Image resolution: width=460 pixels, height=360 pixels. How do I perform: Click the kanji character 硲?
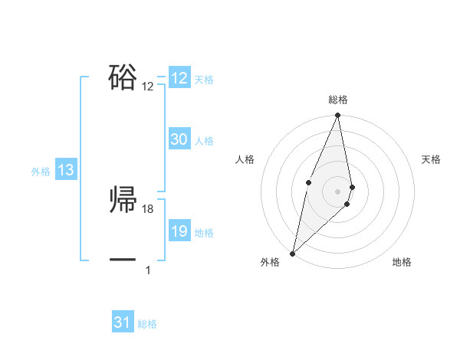[123, 77]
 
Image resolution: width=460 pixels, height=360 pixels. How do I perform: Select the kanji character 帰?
[123, 199]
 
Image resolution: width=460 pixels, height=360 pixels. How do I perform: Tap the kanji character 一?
[123, 260]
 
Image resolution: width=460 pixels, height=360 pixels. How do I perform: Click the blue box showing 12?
[179, 78]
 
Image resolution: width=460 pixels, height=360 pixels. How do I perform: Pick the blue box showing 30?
[179, 139]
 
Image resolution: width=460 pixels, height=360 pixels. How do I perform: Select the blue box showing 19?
[179, 231]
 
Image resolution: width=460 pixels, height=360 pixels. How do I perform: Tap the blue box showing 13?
[66, 170]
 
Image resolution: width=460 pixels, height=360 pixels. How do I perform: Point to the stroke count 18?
[148, 209]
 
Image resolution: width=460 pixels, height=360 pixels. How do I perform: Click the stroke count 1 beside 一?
[148, 270]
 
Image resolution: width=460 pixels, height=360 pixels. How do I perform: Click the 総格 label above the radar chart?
[338, 100]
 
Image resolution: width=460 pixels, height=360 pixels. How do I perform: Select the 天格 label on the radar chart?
[432, 159]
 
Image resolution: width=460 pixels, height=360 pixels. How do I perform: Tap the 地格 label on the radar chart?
[402, 262]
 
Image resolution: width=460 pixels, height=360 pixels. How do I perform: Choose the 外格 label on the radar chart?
[270, 262]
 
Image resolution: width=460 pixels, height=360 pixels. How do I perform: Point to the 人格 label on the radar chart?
[245, 159]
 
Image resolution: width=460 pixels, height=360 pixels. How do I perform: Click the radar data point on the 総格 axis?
[338, 116]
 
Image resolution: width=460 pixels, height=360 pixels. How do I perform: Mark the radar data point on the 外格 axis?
[293, 253]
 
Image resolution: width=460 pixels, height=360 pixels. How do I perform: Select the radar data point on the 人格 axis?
[308, 182]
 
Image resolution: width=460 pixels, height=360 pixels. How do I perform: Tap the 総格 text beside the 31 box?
[147, 324]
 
